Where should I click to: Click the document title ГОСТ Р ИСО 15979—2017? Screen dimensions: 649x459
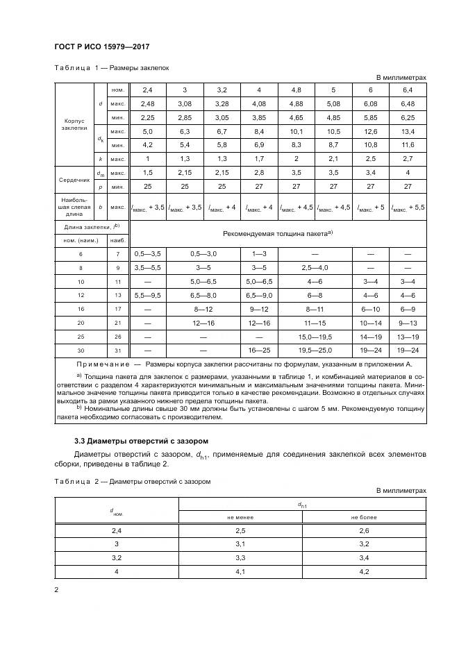click(x=101, y=47)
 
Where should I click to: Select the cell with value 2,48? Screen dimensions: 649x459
click(x=147, y=103)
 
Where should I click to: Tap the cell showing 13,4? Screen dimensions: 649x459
click(x=408, y=131)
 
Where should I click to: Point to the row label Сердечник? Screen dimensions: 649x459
click(x=74, y=178)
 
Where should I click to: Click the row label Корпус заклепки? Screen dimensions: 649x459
click(x=74, y=124)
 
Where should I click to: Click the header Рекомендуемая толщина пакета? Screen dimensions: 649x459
click(x=278, y=233)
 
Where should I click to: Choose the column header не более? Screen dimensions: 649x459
click(x=364, y=516)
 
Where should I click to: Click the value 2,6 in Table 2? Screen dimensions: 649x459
click(x=364, y=531)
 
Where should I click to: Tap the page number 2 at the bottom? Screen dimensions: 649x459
click(x=56, y=590)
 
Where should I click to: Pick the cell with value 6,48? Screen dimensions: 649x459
click(x=408, y=103)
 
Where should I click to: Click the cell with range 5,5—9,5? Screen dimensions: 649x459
click(x=147, y=294)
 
